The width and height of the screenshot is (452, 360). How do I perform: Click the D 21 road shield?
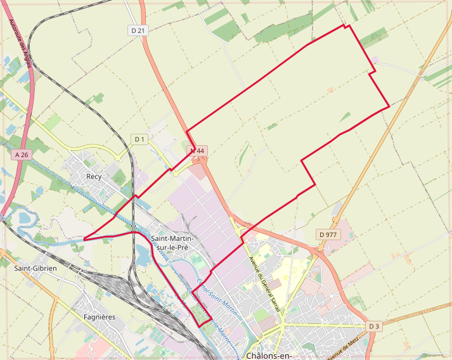[x=138, y=30]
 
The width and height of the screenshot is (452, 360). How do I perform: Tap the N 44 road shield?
[x=198, y=151]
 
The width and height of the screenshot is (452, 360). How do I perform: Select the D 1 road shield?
[x=139, y=139]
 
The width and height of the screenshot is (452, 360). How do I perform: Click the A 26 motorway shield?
[x=21, y=155]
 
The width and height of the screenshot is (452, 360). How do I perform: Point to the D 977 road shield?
[x=328, y=235]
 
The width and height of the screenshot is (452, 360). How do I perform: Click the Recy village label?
[x=94, y=176]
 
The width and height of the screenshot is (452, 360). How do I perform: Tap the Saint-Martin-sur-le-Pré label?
[x=174, y=243]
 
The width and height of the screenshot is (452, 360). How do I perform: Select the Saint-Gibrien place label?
[x=36, y=269]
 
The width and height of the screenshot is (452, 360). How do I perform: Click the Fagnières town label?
[x=99, y=316]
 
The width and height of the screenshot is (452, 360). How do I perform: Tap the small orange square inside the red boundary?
[x=330, y=90]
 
